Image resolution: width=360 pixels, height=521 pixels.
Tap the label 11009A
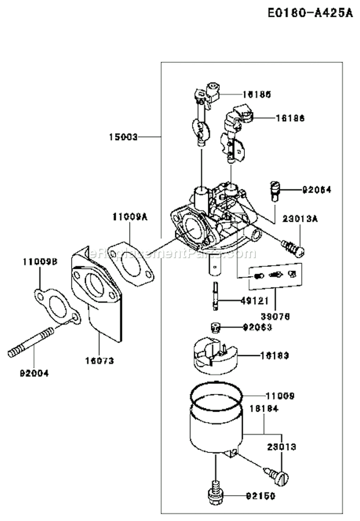(x=130, y=217)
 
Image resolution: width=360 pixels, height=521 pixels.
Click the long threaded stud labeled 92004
(x=31, y=343)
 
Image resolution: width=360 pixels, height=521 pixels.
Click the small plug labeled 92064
(x=274, y=189)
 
